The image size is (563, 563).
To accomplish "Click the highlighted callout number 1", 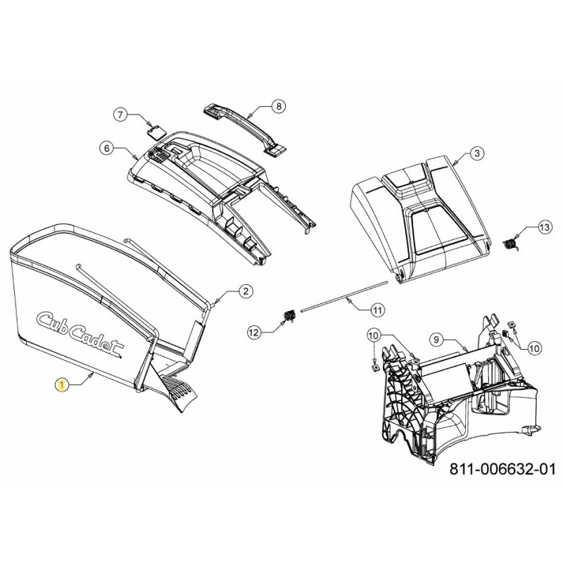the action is (62, 386).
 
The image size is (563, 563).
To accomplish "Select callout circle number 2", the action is (246, 291).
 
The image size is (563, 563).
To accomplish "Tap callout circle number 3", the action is (477, 153).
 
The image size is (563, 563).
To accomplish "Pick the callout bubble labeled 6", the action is (106, 148).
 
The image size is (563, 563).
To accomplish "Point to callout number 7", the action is (120, 115).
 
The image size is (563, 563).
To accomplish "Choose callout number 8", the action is (279, 106).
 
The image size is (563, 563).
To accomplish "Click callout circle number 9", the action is (436, 339).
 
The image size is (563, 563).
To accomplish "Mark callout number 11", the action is (377, 310).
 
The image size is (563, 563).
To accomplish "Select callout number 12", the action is (254, 333).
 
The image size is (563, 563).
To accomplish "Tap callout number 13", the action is (544, 227).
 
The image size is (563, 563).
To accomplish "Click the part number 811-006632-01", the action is (502, 469).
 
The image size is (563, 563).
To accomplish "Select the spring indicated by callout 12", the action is (289, 316).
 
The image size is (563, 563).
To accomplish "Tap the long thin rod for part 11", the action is (345, 296).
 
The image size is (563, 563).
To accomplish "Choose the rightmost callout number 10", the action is (534, 348).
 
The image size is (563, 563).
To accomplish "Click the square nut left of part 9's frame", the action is (375, 367).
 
